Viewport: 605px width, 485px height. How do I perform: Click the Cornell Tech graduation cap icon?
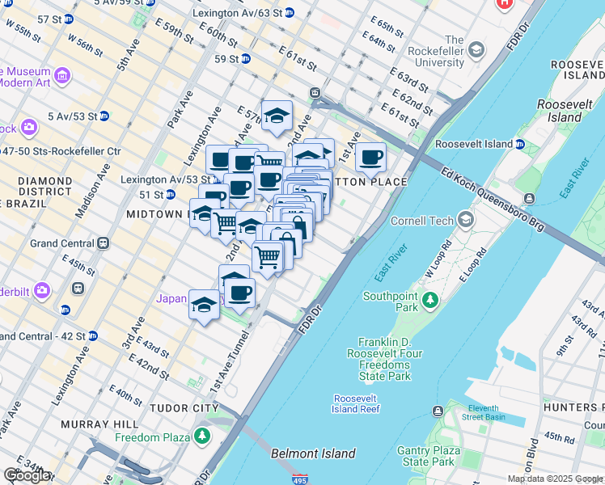(x=466, y=220)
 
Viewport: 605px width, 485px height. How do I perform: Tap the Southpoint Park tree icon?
(x=430, y=302)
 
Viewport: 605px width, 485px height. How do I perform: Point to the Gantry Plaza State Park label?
(x=428, y=456)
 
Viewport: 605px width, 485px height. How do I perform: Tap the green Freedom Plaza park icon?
(x=201, y=437)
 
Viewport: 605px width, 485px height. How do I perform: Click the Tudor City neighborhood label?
(x=184, y=407)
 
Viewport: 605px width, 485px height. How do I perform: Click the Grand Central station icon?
(x=104, y=242)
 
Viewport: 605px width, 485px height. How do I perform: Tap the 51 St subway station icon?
(x=170, y=195)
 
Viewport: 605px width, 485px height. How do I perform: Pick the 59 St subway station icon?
(x=245, y=59)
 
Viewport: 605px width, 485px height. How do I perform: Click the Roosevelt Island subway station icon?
(x=519, y=144)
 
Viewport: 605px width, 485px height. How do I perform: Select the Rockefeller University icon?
(x=476, y=50)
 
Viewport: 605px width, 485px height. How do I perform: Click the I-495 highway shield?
(x=299, y=479)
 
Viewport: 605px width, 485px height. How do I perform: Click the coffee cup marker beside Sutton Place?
(x=370, y=157)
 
